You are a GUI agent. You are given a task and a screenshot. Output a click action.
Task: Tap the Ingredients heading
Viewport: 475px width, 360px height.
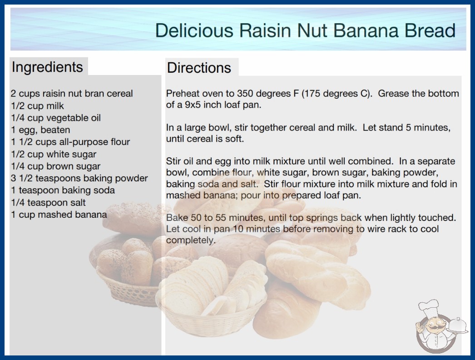coord(47,67)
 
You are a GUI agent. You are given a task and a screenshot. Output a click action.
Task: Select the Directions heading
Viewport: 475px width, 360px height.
coord(199,68)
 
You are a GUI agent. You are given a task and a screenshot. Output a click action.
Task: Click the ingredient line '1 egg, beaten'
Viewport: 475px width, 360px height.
coord(40,130)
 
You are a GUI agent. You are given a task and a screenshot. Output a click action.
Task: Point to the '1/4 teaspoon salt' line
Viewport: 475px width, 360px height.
coord(49,202)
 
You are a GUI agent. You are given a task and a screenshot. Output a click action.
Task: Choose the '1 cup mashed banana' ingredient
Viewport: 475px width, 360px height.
coord(59,215)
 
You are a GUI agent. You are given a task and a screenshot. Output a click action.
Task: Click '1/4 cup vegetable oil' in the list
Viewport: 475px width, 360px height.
coord(56,118)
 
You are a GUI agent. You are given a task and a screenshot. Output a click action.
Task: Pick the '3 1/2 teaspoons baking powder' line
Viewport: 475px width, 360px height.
coord(79,178)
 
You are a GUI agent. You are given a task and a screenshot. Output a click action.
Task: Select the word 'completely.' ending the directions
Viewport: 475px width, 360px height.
coord(191,240)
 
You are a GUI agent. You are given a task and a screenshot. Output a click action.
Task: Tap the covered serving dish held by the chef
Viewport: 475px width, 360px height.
coord(457,326)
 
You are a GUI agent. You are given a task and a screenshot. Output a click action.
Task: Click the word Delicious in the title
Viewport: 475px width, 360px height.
coord(194,30)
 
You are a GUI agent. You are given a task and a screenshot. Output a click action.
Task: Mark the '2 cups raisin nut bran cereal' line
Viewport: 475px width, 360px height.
coord(72,94)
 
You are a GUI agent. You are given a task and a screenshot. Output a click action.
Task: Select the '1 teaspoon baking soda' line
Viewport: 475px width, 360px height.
coord(63,190)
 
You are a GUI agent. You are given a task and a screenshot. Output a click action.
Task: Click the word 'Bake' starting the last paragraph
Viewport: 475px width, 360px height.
coord(177,217)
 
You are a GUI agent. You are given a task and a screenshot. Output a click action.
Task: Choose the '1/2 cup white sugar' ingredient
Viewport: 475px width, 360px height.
coord(54,154)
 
